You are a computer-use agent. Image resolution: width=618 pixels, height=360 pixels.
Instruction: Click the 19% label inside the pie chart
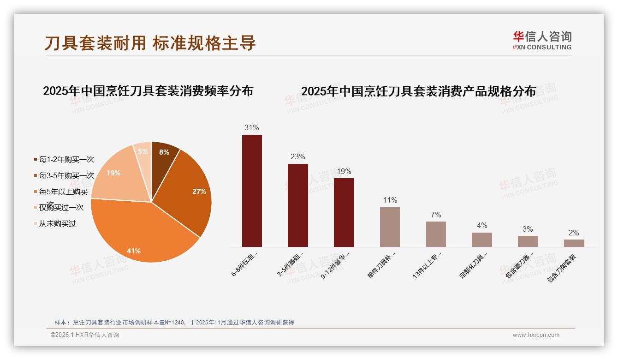pyautogui.click(x=113, y=173)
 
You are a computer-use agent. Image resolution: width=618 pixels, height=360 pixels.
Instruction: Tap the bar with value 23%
pyautogui.click(x=297, y=205)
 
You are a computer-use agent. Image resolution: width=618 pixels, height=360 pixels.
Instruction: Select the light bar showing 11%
pyautogui.click(x=390, y=227)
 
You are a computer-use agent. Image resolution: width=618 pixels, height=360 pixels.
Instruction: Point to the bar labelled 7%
pyautogui.click(x=436, y=234)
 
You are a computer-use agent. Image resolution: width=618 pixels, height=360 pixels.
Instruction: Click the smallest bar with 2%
pyautogui.click(x=574, y=243)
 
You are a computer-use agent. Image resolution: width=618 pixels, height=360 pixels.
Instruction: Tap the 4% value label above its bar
pyautogui.click(x=482, y=225)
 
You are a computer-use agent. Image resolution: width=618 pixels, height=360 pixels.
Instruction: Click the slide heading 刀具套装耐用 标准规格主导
pyautogui.click(x=150, y=43)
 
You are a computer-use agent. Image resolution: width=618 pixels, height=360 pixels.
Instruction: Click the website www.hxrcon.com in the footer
pyautogui.click(x=536, y=335)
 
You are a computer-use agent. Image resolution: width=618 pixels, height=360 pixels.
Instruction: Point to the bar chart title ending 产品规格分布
pyautogui.click(x=418, y=91)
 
